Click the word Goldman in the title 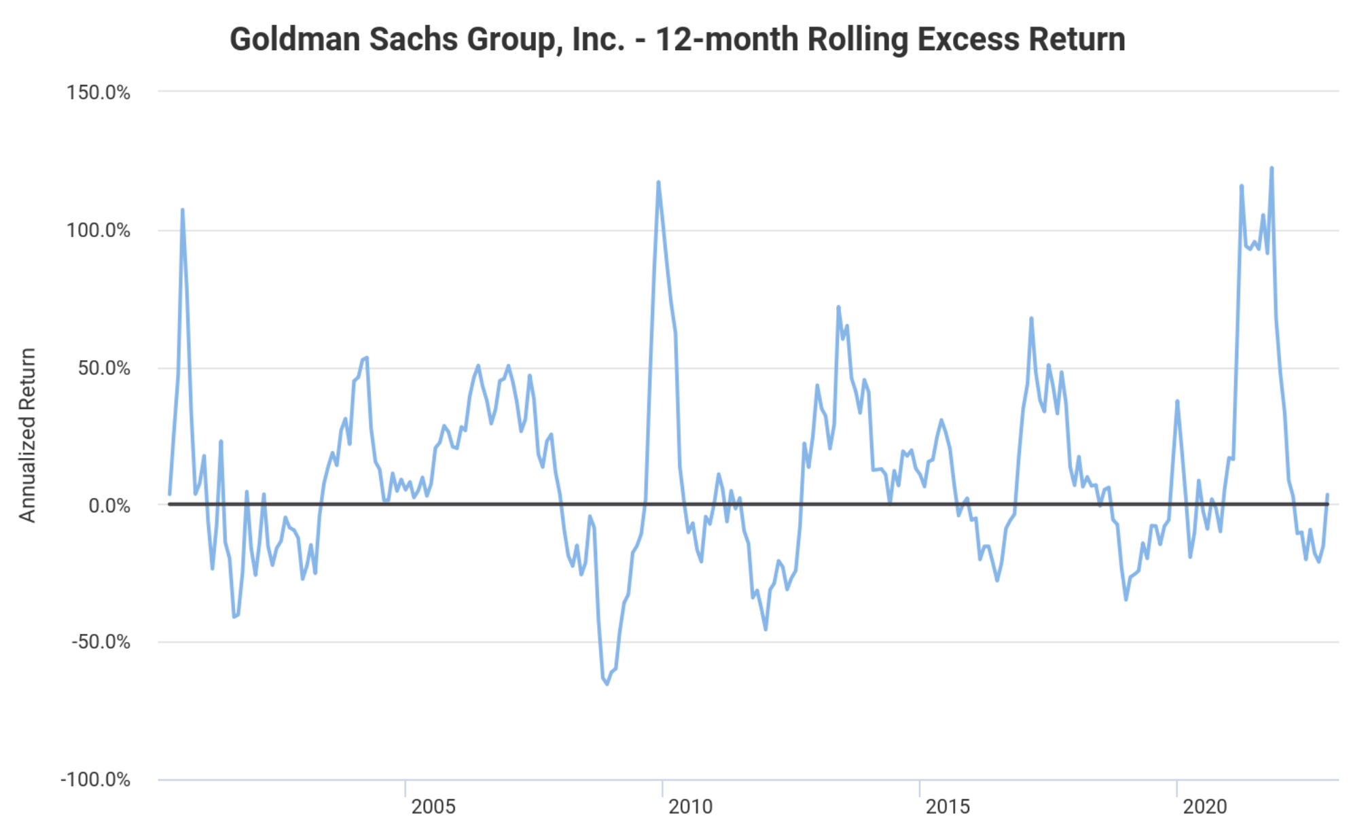(295, 39)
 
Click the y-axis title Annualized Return (27, 435)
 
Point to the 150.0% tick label (98, 92)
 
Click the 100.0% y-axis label (98, 230)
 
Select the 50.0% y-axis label (104, 368)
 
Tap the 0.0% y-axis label (109, 506)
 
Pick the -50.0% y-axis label (101, 642)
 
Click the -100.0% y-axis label (95, 779)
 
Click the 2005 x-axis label (433, 807)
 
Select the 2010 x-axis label (690, 807)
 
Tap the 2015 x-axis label (948, 807)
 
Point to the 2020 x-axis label (1204, 807)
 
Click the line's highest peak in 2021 (1272, 169)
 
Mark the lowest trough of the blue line (607, 684)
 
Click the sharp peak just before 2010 (658, 182)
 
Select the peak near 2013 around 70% (838, 307)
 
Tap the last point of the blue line (1327, 495)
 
